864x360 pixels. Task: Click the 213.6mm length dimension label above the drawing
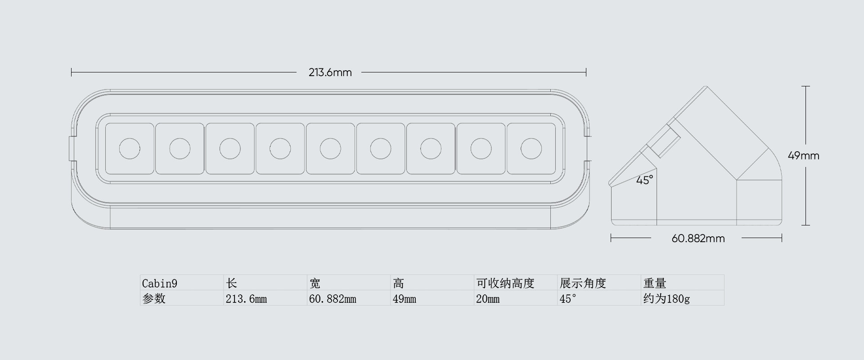click(330, 72)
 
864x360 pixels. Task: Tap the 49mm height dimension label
click(803, 156)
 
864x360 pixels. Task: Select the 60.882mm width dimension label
click(698, 238)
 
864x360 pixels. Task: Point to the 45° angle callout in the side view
click(644, 180)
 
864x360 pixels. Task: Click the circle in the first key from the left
click(130, 148)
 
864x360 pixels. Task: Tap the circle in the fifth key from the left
click(330, 148)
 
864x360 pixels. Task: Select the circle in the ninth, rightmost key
click(531, 148)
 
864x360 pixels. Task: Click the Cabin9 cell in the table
click(160, 283)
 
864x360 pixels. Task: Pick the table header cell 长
click(232, 283)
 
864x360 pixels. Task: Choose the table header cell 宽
click(315, 283)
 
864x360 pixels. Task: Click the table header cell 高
click(399, 283)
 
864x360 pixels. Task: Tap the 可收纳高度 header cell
click(505, 283)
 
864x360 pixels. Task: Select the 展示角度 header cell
click(583, 283)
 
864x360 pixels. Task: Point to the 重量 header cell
click(655, 283)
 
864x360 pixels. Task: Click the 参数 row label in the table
click(154, 299)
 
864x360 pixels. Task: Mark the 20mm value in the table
click(488, 299)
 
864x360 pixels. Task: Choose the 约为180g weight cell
click(666, 299)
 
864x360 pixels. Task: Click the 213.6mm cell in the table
click(246, 299)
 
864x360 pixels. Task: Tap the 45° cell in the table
click(568, 299)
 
